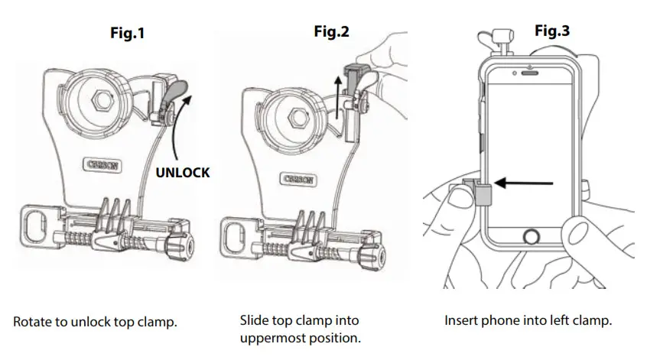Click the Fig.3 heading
point(551,31)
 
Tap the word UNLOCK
point(183,173)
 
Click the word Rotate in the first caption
point(32,322)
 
